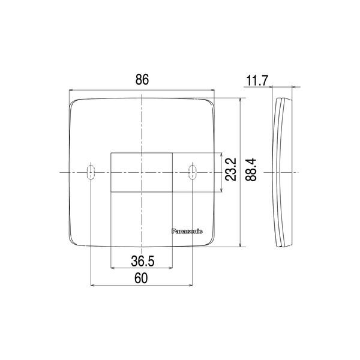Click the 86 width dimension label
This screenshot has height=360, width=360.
(142, 79)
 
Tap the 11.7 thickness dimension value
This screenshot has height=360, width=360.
(257, 80)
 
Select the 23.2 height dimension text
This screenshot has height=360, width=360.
(230, 169)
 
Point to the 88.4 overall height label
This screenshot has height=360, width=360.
(251, 170)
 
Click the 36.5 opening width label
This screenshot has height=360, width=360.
(143, 261)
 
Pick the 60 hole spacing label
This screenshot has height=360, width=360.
(141, 278)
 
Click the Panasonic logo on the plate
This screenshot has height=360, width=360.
(187, 232)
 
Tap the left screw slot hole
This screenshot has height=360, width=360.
(91, 172)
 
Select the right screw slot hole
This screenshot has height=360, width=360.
(193, 172)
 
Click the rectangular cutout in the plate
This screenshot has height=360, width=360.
(142, 172)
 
